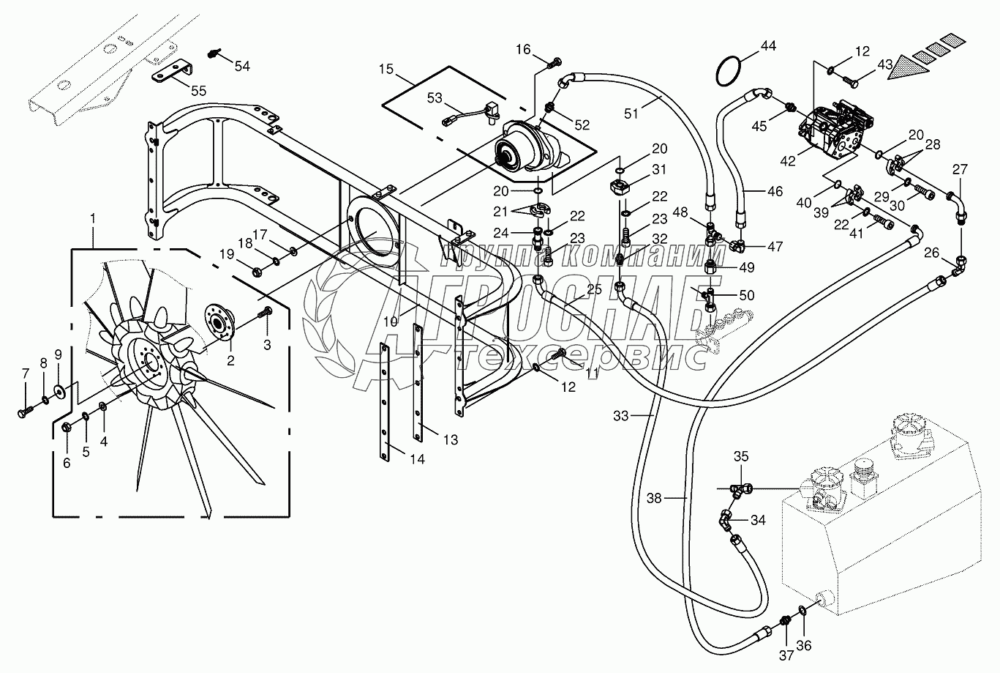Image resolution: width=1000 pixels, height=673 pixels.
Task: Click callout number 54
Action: pos(241,66)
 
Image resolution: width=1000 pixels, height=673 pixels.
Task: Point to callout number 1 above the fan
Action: pos(92,218)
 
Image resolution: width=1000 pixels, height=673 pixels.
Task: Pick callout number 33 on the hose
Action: pos(620,415)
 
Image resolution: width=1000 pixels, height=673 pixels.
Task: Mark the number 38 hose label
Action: pos(654,497)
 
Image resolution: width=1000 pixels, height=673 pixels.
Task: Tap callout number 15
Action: pos(387,70)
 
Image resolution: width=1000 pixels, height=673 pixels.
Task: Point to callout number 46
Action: pos(774,192)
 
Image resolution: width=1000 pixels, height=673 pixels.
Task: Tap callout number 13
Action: pos(451,439)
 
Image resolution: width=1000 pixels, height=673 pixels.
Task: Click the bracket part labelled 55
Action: pos(171,74)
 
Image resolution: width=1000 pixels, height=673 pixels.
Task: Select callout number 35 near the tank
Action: pos(741,456)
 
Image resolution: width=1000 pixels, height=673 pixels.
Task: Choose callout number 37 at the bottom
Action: pos(786,655)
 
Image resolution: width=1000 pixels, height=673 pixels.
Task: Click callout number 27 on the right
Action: pos(960,170)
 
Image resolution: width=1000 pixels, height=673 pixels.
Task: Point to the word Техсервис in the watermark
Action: pos(582,356)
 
